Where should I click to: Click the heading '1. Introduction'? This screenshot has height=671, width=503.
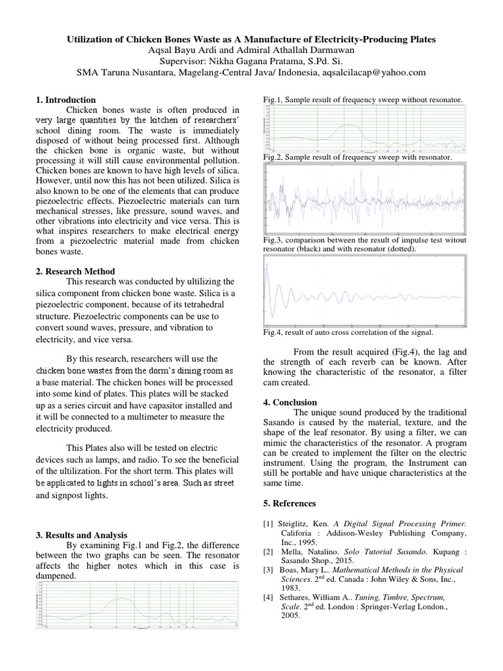click(65, 100)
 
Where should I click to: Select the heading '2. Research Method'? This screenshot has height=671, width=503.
click(75, 271)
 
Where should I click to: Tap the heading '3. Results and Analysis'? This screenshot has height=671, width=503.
click(81, 535)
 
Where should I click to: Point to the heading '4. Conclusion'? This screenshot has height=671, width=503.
click(289, 402)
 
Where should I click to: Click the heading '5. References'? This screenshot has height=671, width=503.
click(289, 503)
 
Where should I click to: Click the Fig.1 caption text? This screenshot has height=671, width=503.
click(363, 100)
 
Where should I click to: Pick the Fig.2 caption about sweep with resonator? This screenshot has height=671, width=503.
click(357, 158)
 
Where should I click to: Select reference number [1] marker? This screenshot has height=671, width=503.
click(268, 524)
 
